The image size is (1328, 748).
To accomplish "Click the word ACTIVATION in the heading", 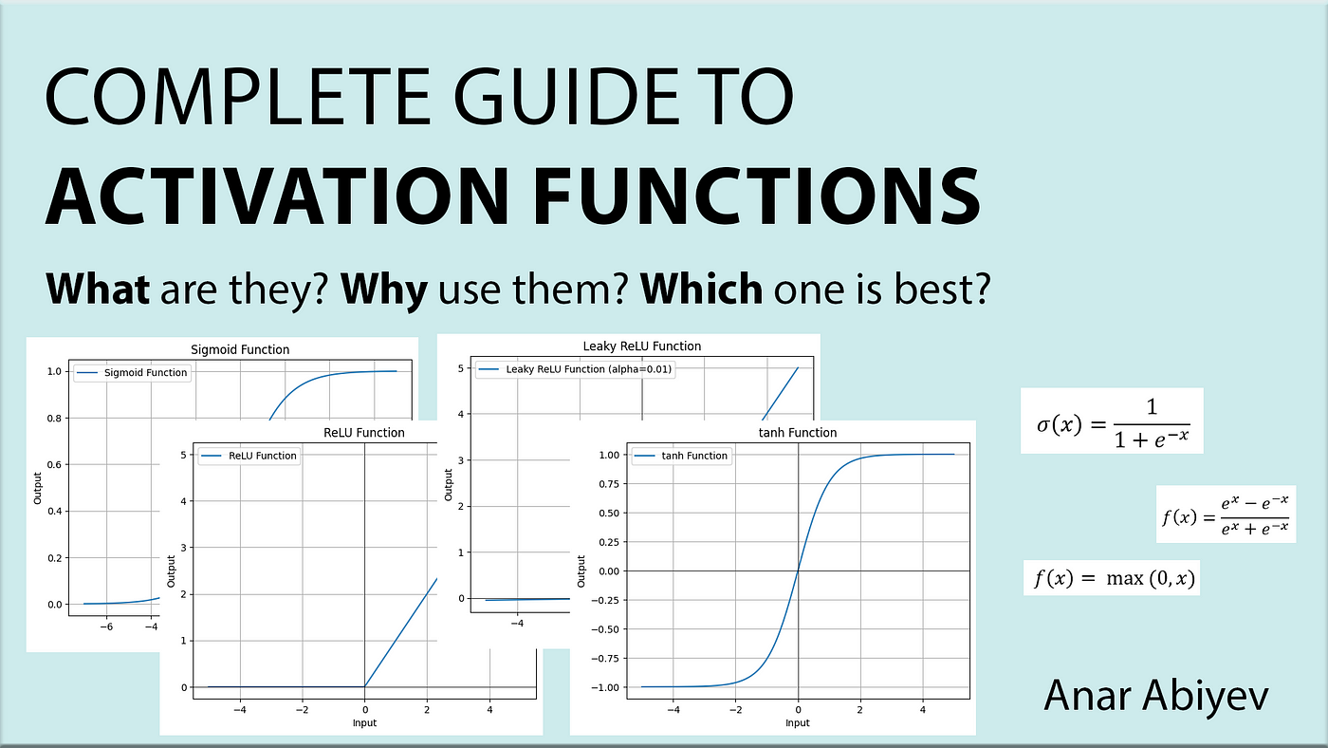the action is pos(277,196).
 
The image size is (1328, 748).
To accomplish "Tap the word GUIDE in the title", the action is pos(566,97).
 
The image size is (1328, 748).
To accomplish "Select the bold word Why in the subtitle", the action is pos(384,290).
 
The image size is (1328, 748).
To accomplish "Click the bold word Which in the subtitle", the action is pos(701,289).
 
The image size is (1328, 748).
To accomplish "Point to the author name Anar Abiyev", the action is pos(1156,697).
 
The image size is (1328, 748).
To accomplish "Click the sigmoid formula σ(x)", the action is pos(1113,421).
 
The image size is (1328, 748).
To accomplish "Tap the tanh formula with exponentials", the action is pos(1225,514).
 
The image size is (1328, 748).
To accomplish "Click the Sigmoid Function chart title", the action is pos(240,349).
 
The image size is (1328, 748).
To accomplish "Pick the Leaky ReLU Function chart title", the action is pos(642,346).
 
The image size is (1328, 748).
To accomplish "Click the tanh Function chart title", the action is pos(798,433).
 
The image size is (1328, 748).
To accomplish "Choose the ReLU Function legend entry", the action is pos(249,456).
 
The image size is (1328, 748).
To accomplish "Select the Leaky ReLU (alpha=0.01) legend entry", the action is pos(575,369).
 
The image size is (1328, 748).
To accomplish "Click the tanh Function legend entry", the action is pos(681,456).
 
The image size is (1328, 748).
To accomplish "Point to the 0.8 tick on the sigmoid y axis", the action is pos(54,419).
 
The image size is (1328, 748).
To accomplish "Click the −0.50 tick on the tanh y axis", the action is pos(605,629).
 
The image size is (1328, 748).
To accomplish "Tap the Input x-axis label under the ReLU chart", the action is pos(364,722).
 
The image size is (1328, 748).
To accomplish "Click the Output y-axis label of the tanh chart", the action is pos(581,571).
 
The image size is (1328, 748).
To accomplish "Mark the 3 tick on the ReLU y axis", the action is pos(183,548).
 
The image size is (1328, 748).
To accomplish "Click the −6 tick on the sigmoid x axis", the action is pos(106,626).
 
